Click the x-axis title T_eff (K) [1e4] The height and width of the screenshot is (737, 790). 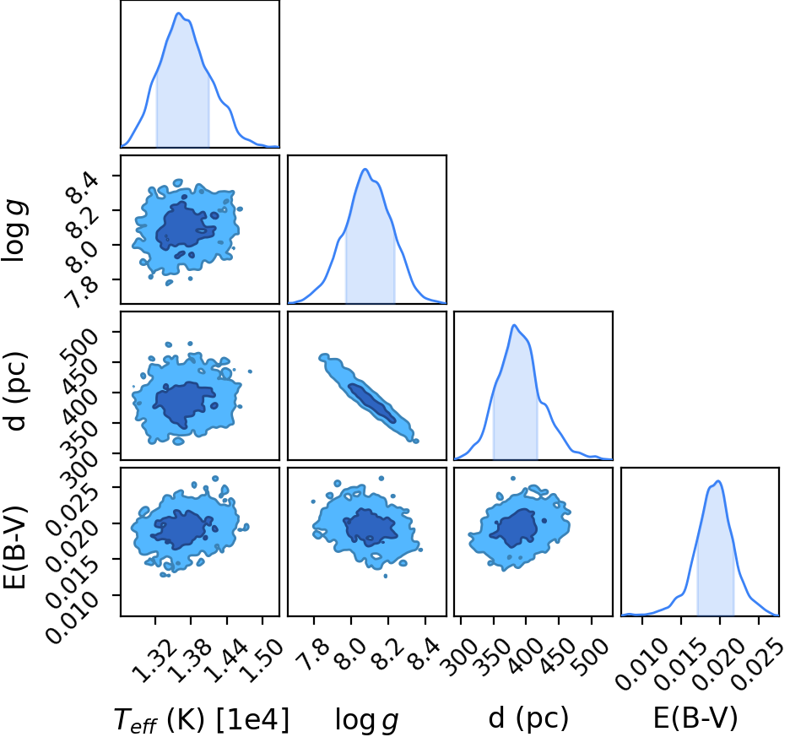click(x=202, y=719)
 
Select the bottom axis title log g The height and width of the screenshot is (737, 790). click(x=367, y=720)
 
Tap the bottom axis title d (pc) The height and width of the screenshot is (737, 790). click(x=528, y=718)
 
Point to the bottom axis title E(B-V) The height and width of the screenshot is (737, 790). click(x=695, y=718)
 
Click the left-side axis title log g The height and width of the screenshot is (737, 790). click(x=14, y=230)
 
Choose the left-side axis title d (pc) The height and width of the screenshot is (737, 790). click(x=15, y=391)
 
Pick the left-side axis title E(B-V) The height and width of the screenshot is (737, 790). click(x=14, y=547)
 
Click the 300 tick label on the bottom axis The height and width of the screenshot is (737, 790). click(x=459, y=652)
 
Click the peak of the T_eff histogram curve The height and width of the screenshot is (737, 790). click(x=178, y=14)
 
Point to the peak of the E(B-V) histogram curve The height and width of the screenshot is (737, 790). click(x=718, y=481)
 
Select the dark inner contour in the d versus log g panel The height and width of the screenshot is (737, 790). click(x=372, y=403)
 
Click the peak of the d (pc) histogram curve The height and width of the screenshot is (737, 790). click(x=514, y=325)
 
